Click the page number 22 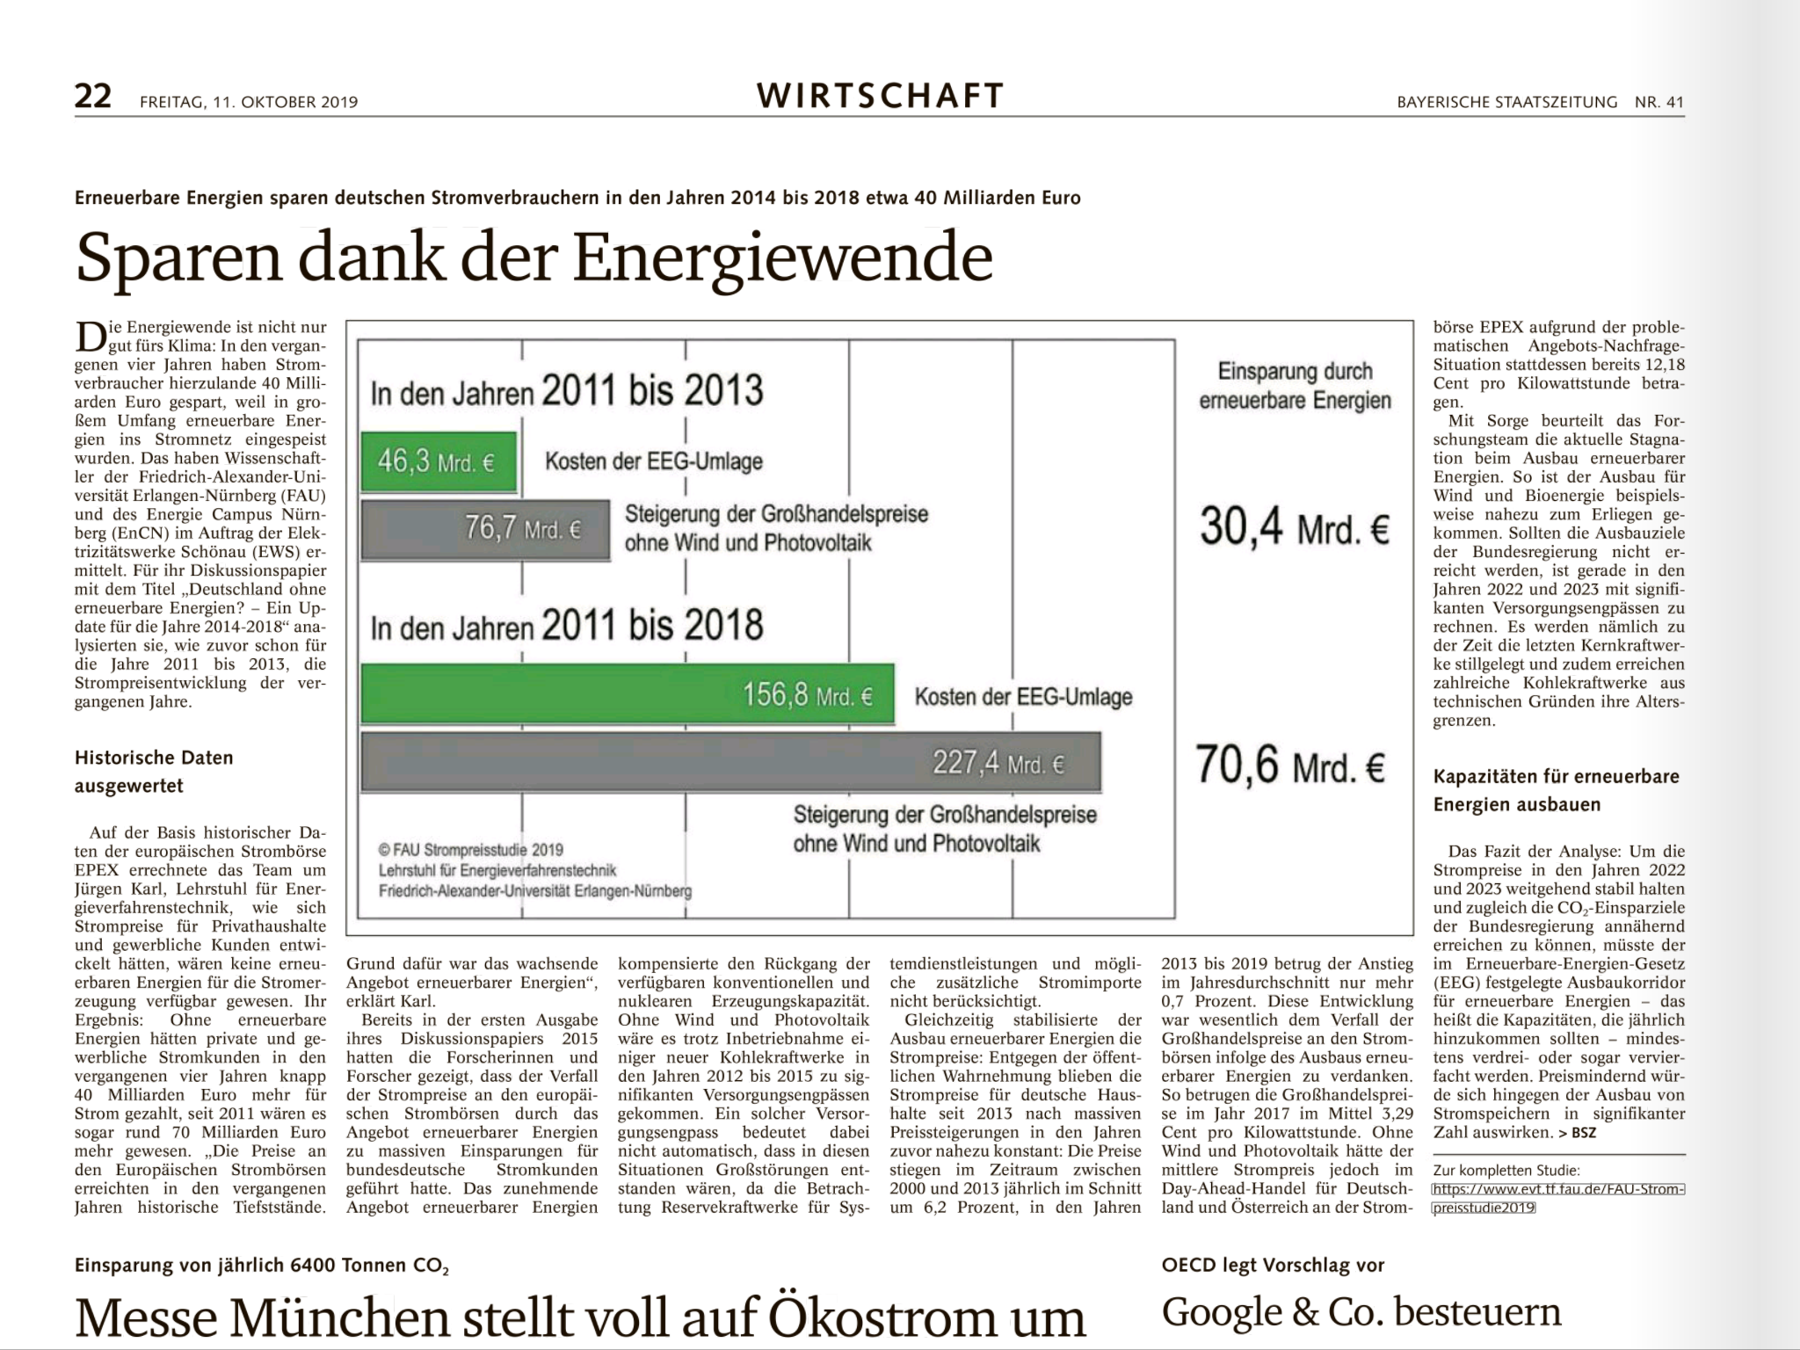[93, 97]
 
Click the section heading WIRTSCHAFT [880, 96]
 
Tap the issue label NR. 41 [1659, 102]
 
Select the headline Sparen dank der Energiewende [534, 257]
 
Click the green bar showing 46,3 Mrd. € [439, 461]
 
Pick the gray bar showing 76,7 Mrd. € [485, 530]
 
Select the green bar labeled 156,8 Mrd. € [628, 694]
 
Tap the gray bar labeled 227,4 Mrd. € [731, 762]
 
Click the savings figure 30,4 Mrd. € [1295, 527]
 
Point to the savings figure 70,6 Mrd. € [1290, 765]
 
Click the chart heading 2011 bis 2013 [652, 390]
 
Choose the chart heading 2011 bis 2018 [652, 625]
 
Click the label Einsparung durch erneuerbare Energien [1296, 386]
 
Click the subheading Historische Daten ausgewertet [154, 772]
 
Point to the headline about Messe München [580, 1317]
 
